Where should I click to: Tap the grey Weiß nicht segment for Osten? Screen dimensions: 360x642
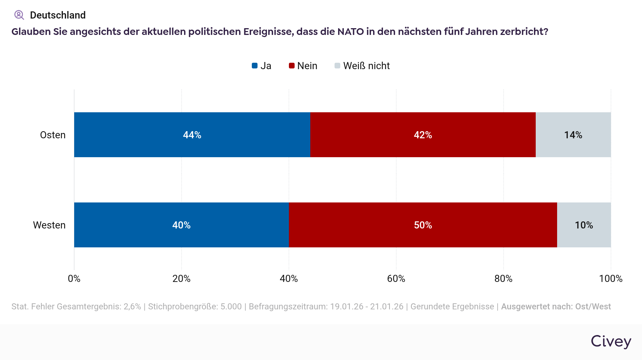(573, 135)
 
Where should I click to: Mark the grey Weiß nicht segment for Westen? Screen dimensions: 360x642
(584, 225)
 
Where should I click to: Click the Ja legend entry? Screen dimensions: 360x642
(262, 66)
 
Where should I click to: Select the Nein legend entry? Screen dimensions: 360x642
(303, 66)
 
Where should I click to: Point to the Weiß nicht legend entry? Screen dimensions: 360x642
(362, 66)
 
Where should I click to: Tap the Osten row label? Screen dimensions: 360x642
(53, 135)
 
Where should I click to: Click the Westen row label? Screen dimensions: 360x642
(49, 225)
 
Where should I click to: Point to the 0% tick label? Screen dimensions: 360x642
(74, 279)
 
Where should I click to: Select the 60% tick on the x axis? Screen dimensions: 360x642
(396, 279)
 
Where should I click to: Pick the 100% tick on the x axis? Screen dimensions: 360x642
(611, 279)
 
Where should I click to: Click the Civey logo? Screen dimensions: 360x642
(611, 341)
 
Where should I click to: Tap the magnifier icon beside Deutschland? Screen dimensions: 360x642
(19, 15)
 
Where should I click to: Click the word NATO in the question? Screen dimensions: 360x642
(351, 32)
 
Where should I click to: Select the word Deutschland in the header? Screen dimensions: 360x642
(58, 15)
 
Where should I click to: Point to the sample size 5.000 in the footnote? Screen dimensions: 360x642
(231, 307)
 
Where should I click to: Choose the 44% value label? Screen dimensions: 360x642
(192, 135)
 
